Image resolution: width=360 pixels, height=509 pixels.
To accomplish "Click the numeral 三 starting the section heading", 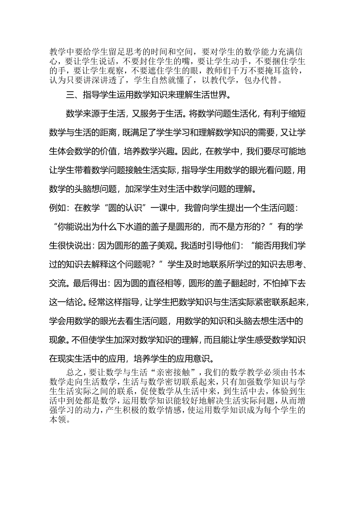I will (x=69, y=95).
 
